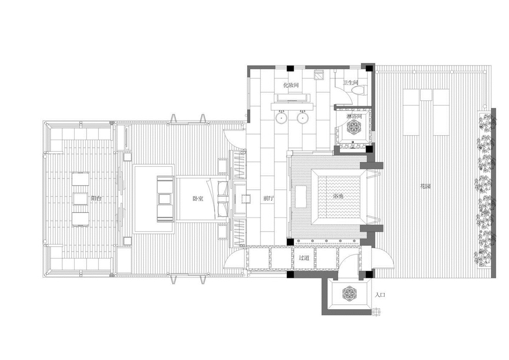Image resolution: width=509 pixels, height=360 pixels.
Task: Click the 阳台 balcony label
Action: pos(96,198)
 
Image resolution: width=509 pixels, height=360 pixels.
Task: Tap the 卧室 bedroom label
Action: pos(198,199)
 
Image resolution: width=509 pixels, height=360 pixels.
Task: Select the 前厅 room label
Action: pos(268,198)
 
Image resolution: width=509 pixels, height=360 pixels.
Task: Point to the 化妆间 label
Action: pos(291,85)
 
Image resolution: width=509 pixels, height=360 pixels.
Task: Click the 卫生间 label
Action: pos(351,82)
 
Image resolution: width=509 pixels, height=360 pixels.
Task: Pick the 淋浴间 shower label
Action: pos(354,116)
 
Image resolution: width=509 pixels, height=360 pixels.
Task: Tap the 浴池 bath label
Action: pos(338,196)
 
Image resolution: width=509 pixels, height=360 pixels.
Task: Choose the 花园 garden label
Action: pos(425,186)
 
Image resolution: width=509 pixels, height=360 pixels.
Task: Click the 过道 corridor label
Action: pos(304,258)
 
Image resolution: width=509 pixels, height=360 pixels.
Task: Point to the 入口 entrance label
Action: pos(380,295)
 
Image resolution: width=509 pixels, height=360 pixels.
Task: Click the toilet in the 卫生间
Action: pos(358,90)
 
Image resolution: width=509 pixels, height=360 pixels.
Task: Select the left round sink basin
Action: pos(282,118)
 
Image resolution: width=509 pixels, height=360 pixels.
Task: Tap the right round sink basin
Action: pos(303,118)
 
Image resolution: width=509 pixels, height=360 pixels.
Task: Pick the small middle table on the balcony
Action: pos(81,199)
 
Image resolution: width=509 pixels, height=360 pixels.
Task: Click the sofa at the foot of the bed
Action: pos(165,199)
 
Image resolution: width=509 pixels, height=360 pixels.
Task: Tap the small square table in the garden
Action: pos(426,95)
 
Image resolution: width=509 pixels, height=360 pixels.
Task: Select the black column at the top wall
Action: pos(290,68)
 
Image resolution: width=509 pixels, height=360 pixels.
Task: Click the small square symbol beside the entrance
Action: pos(376,312)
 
